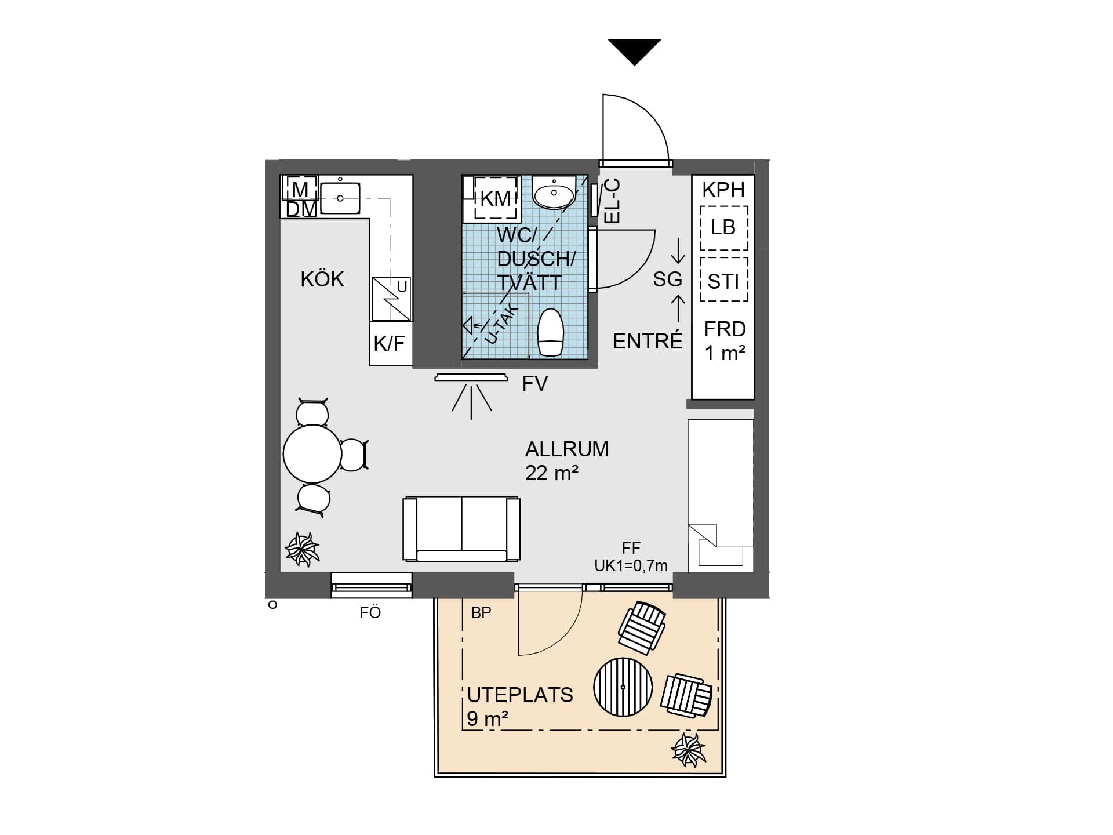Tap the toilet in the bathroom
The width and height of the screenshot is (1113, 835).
click(550, 332)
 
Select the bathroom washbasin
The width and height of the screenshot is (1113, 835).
click(554, 193)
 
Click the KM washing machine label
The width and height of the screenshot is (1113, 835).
click(495, 199)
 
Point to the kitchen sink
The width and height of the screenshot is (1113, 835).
click(340, 198)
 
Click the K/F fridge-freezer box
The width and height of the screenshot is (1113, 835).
click(390, 344)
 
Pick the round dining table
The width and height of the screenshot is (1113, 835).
click(312, 453)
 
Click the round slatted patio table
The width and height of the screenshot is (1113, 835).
click(623, 687)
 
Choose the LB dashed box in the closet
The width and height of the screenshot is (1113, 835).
click(723, 227)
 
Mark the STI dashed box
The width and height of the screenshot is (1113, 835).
click(723, 281)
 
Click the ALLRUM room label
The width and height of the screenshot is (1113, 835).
click(566, 449)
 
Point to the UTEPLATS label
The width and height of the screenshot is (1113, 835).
click(520, 695)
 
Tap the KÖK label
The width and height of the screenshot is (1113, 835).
click(322, 279)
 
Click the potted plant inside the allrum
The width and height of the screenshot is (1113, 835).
click(302, 549)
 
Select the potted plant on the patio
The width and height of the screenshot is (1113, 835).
click(688, 750)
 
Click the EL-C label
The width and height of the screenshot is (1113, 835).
click(612, 201)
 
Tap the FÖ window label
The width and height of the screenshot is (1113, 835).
click(370, 612)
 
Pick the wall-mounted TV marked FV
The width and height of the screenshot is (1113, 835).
click(471, 378)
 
